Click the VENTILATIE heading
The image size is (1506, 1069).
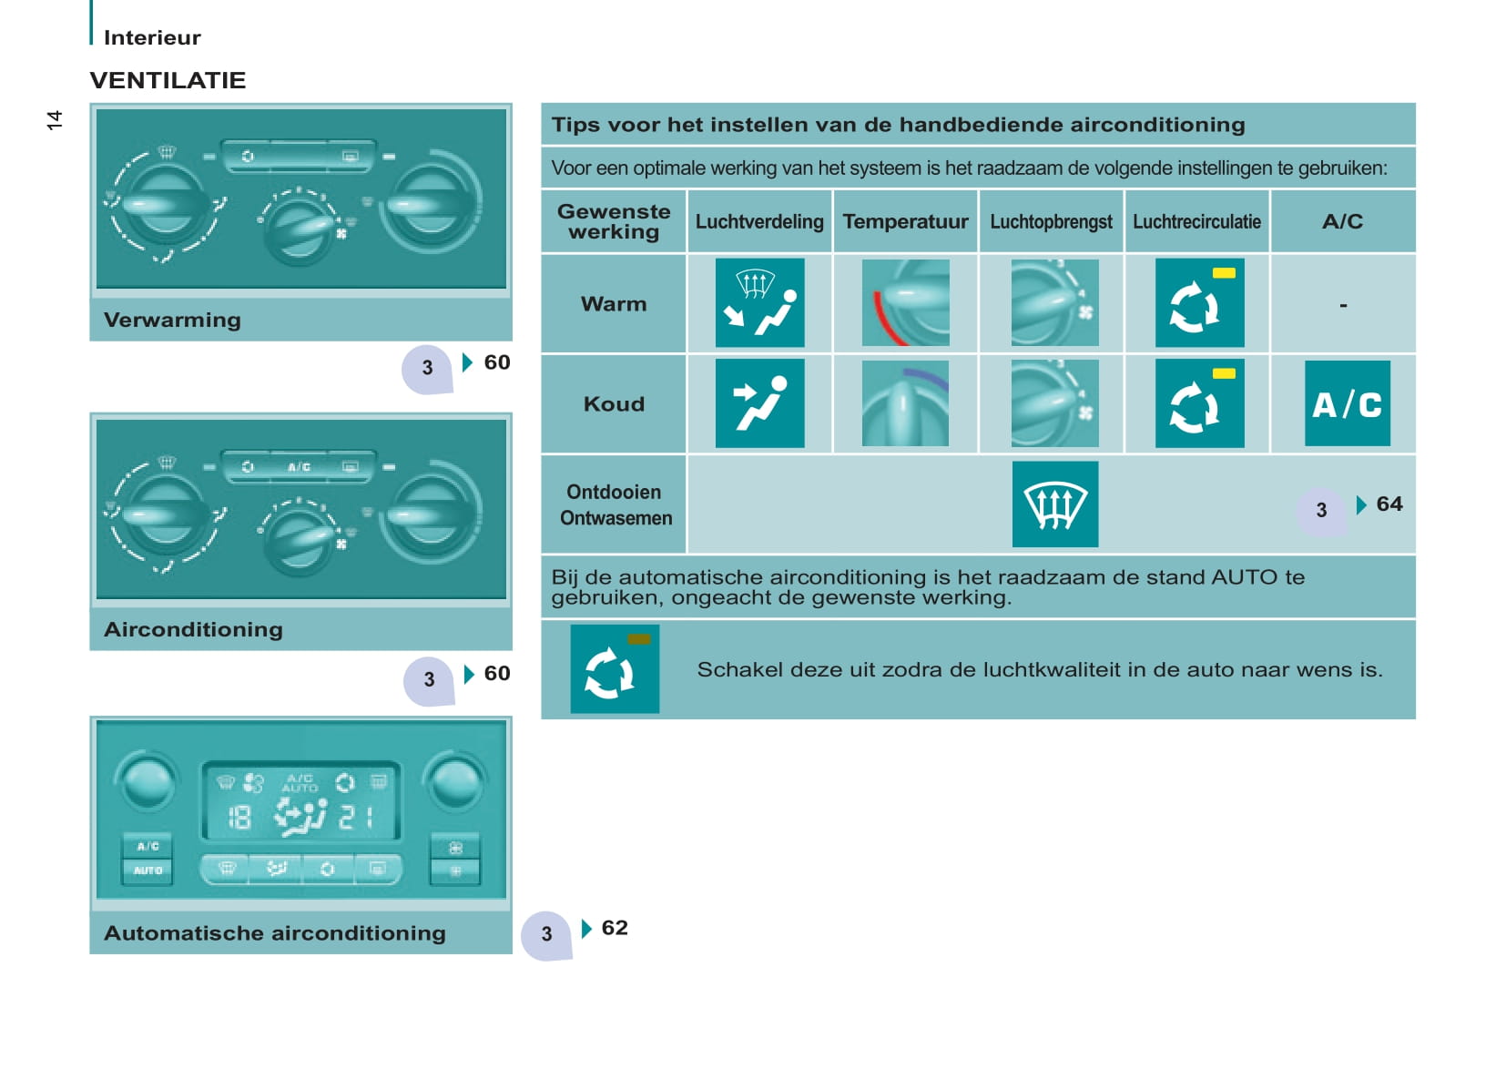point(168,81)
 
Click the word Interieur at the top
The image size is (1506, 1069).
point(152,37)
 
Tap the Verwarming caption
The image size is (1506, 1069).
point(172,320)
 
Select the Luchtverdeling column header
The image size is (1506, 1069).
point(759,222)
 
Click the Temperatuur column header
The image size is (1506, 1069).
point(905,222)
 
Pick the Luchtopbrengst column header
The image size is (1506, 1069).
point(1051,222)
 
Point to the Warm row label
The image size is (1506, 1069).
point(613,304)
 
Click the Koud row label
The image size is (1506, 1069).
point(614,404)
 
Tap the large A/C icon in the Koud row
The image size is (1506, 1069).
point(1347,403)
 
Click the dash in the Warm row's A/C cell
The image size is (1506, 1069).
point(1343,305)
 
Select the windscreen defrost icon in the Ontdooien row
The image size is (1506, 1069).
point(1055,504)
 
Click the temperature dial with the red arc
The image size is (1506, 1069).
point(906,302)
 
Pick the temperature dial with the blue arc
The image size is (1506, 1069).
point(906,403)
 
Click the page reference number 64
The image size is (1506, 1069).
point(1389,504)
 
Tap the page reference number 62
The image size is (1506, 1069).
point(615,928)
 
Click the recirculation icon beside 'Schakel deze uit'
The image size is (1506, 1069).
point(615,669)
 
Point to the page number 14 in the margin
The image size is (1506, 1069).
point(55,120)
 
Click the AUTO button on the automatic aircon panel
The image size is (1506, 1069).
point(148,870)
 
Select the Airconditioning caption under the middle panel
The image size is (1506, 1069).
point(193,630)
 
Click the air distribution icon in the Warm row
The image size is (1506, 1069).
point(759,302)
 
